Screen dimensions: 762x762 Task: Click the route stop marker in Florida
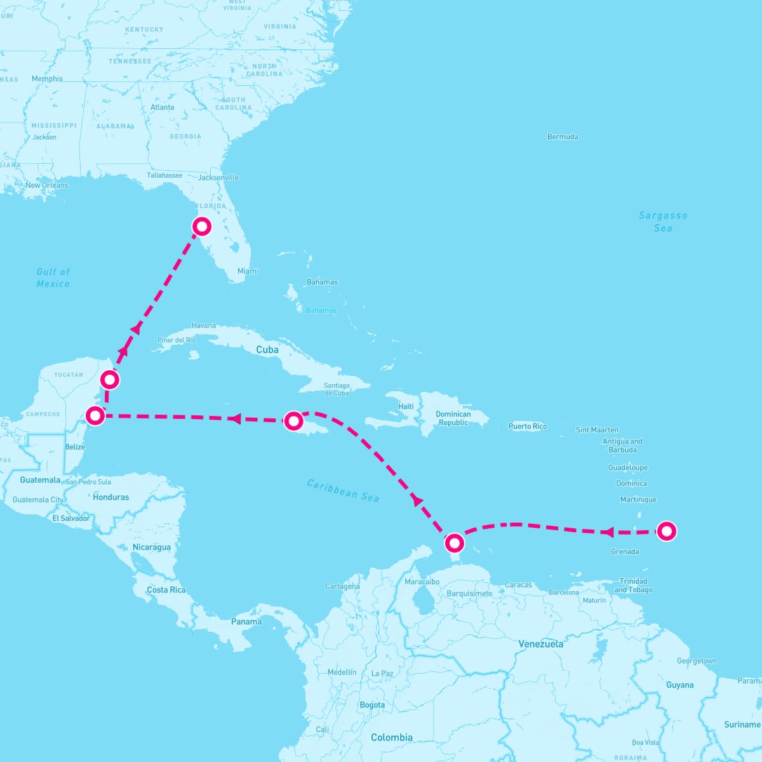[201, 226]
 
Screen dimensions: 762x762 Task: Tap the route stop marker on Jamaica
[293, 420]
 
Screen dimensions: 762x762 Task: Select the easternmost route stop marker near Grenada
[666, 531]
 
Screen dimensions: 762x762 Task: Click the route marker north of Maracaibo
[455, 543]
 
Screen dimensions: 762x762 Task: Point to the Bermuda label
[563, 137]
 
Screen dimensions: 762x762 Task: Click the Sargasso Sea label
[663, 222]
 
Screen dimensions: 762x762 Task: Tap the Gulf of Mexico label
[53, 277]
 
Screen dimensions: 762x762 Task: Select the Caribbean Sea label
[343, 490]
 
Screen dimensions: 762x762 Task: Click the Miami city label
[248, 271]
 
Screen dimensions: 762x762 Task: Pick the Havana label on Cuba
[204, 325]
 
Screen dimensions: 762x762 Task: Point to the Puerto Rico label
[528, 426]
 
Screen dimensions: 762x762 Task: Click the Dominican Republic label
[453, 418]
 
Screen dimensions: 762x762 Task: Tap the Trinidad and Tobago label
[633, 585]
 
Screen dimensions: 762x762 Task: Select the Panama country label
[246, 622]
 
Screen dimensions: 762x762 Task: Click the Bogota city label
[372, 705]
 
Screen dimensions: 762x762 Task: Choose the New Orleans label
[47, 185]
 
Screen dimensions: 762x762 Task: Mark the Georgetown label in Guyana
[697, 661]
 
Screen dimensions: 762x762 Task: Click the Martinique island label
[638, 500]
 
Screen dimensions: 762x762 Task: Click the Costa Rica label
[166, 590]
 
